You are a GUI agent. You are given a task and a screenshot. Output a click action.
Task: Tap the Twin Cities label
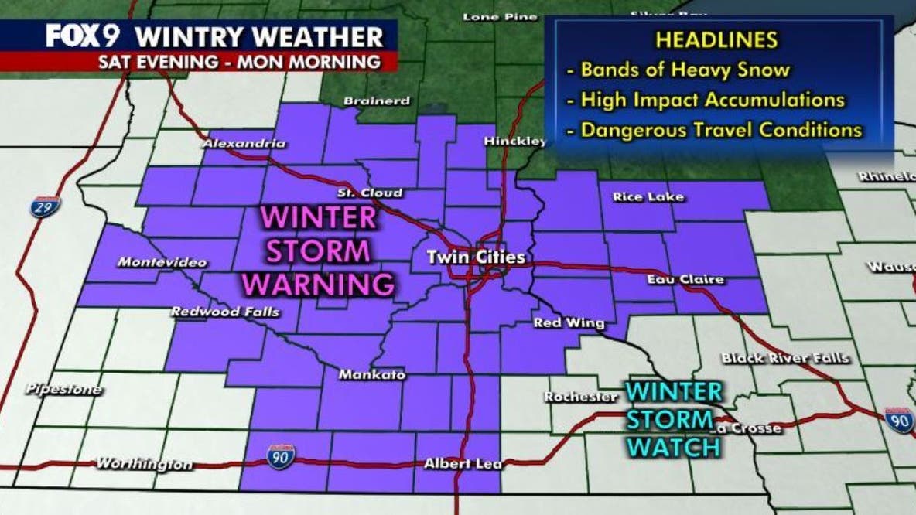point(477,257)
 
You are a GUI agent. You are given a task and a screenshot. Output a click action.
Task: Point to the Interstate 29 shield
point(46,206)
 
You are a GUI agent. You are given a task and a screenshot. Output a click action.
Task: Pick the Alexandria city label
point(244,143)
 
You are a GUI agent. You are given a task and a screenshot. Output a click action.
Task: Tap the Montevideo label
point(162,263)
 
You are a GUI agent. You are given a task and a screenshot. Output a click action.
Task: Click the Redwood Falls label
point(224,312)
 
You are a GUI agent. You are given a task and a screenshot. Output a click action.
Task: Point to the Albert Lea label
point(463,465)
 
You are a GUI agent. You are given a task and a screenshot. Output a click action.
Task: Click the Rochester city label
point(581,397)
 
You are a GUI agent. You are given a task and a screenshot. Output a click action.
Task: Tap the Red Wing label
point(569,323)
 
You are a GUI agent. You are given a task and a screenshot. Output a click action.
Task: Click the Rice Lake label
point(648,196)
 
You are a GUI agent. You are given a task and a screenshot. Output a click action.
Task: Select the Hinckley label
point(514,142)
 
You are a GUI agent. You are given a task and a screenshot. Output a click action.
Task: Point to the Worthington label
point(145,464)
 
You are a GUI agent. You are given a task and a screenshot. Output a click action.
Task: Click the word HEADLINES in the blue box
point(716,39)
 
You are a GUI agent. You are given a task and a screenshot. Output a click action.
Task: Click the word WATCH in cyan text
point(674,446)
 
